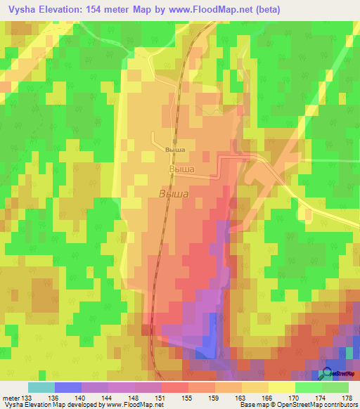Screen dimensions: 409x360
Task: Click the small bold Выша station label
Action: point(174,150)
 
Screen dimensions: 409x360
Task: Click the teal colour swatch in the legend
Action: point(41,387)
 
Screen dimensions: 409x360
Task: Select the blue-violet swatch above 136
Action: point(68,387)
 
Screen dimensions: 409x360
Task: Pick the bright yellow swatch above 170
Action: point(282,387)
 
